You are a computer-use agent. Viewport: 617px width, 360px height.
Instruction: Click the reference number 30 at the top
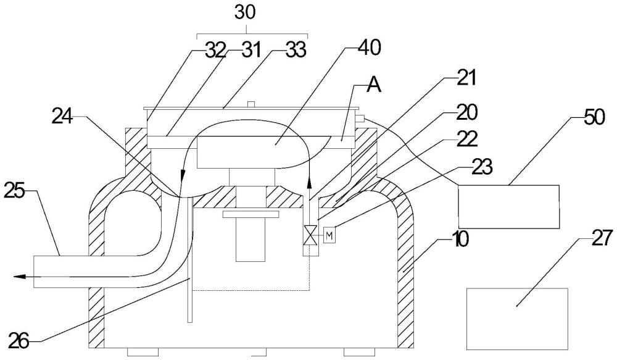[x=245, y=12]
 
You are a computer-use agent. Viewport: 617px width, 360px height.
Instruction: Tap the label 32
[x=215, y=51]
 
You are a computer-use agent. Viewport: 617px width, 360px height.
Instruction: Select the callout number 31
[x=251, y=51]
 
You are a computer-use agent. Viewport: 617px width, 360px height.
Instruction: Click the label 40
[x=370, y=48]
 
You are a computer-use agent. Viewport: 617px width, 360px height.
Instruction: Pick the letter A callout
[x=374, y=85]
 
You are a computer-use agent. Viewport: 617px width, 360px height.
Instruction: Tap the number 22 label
[x=467, y=139]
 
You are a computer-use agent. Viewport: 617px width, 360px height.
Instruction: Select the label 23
[x=482, y=167]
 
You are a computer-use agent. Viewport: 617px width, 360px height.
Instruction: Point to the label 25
[x=15, y=192]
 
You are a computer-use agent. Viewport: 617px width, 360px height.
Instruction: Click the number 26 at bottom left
[x=19, y=341]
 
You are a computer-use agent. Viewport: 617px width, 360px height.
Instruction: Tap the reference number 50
[x=594, y=117]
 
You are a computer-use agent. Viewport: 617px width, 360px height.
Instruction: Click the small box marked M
[x=329, y=235]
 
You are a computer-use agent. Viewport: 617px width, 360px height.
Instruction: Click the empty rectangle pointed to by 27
[x=517, y=319]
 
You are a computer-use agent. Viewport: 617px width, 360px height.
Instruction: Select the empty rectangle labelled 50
[x=509, y=207]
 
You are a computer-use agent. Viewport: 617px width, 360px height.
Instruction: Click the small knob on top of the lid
[x=251, y=104]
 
